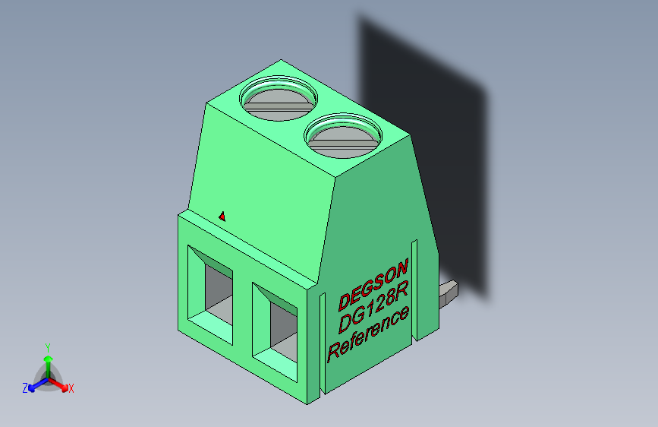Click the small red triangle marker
(x=222, y=217)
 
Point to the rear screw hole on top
(x=279, y=100)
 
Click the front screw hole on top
(x=343, y=136)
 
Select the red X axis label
(x=71, y=389)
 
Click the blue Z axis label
(x=25, y=388)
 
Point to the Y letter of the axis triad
(x=48, y=346)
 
